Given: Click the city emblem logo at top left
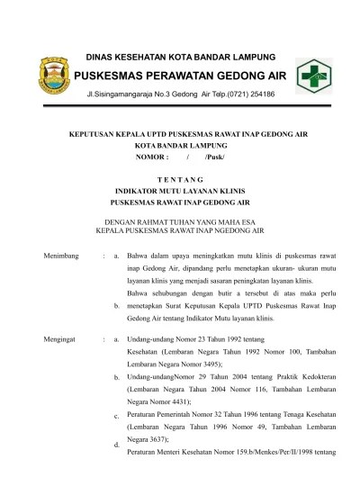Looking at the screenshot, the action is click(46, 75).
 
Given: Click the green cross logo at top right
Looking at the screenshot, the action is click(314, 75).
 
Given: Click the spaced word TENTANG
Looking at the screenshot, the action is click(179, 179).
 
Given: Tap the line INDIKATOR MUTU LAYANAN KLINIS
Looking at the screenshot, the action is click(179, 191).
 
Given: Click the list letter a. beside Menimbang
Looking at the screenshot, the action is click(117, 256).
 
